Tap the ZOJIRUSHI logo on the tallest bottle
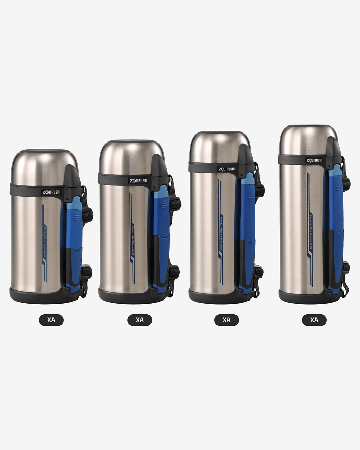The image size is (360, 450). tap(314, 160)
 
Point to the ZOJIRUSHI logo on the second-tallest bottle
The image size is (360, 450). tap(226, 169)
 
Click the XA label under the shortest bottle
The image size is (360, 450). tap(51, 320)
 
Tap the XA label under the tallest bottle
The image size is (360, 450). tap(314, 320)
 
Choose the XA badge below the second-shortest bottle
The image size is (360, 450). tap(139, 320)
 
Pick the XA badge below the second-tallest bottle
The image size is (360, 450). tap(226, 320)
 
